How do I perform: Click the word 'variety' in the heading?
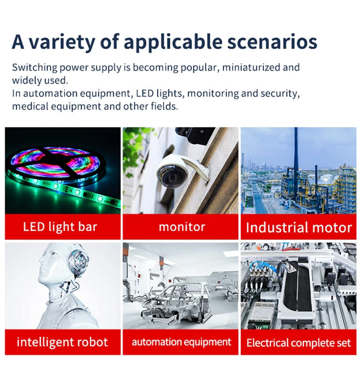[x=62, y=42]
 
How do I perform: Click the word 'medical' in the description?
[x=30, y=106]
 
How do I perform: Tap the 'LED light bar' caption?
[x=60, y=227]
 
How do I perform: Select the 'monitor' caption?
[x=182, y=227]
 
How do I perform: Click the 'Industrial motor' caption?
[x=299, y=228]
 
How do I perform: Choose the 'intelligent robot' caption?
[x=62, y=342]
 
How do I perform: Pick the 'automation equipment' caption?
[x=181, y=342]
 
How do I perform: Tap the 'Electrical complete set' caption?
[x=298, y=342]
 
